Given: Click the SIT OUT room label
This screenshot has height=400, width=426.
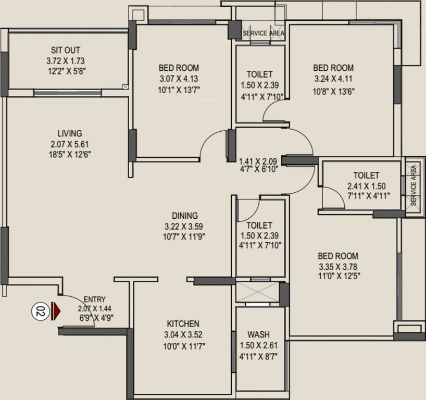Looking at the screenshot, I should click(66, 50).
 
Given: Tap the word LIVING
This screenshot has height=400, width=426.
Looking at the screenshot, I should click(69, 134).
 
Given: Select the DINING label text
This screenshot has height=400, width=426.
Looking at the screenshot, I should click(185, 216).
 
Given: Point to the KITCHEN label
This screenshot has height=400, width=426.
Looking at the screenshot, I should click(183, 323).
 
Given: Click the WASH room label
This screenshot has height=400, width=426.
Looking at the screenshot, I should click(258, 334).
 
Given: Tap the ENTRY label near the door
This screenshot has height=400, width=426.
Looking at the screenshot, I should click(94, 299).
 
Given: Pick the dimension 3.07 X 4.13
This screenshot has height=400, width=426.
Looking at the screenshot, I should click(179, 79).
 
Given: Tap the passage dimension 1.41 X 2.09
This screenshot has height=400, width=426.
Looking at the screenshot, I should click(258, 161).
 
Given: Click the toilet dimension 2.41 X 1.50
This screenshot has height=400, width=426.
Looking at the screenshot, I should click(366, 186).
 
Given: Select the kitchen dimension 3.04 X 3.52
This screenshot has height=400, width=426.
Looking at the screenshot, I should click(183, 335).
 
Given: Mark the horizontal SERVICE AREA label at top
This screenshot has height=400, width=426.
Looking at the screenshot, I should click(264, 33).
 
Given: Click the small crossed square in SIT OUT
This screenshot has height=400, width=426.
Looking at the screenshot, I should click(124, 87).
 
